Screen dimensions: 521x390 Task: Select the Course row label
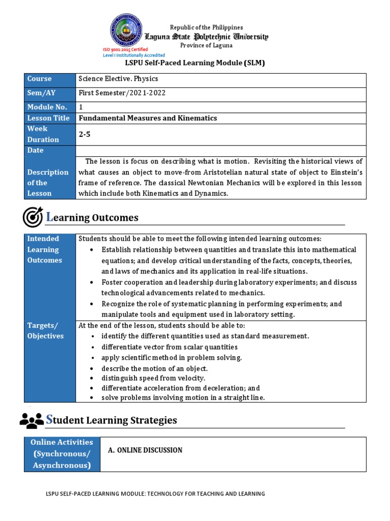(40, 79)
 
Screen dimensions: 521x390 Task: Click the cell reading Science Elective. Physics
(118, 79)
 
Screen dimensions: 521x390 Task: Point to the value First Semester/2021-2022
(122, 93)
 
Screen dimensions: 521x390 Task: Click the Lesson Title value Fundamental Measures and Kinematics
(148, 118)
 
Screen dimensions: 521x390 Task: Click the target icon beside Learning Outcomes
(32, 217)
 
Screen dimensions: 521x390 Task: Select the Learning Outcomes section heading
(92, 218)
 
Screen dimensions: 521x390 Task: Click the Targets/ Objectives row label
(45, 331)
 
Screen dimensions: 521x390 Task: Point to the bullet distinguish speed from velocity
(153, 378)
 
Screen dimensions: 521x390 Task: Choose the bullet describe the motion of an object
(154, 368)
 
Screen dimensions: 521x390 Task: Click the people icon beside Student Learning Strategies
(31, 420)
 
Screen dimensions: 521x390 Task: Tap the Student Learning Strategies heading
(112, 420)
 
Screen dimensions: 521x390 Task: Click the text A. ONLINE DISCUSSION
(145, 450)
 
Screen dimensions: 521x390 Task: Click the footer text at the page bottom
(155, 494)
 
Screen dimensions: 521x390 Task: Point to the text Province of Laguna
(207, 45)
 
